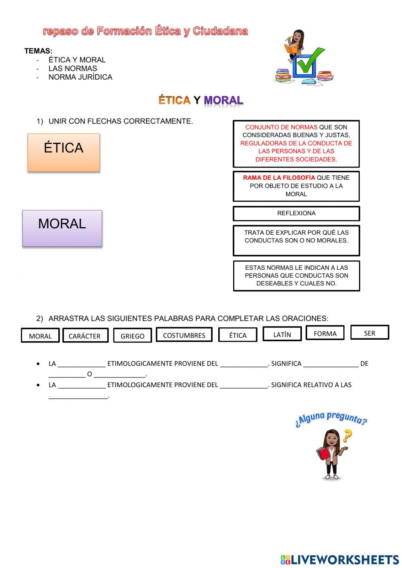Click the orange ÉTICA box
64,152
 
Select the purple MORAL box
62,228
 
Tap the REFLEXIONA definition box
296,213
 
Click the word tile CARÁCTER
85,336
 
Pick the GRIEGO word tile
132,336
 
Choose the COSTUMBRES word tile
184,334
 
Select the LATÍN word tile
282,334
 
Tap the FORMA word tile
325,333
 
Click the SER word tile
369,332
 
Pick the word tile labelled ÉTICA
238,335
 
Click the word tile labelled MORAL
40,336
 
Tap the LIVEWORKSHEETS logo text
344,560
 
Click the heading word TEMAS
38,51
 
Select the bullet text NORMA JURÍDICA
80,77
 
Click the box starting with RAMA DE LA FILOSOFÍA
296,186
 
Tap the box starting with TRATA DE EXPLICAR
296,240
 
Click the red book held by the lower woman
322,453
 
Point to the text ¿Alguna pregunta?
331,418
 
